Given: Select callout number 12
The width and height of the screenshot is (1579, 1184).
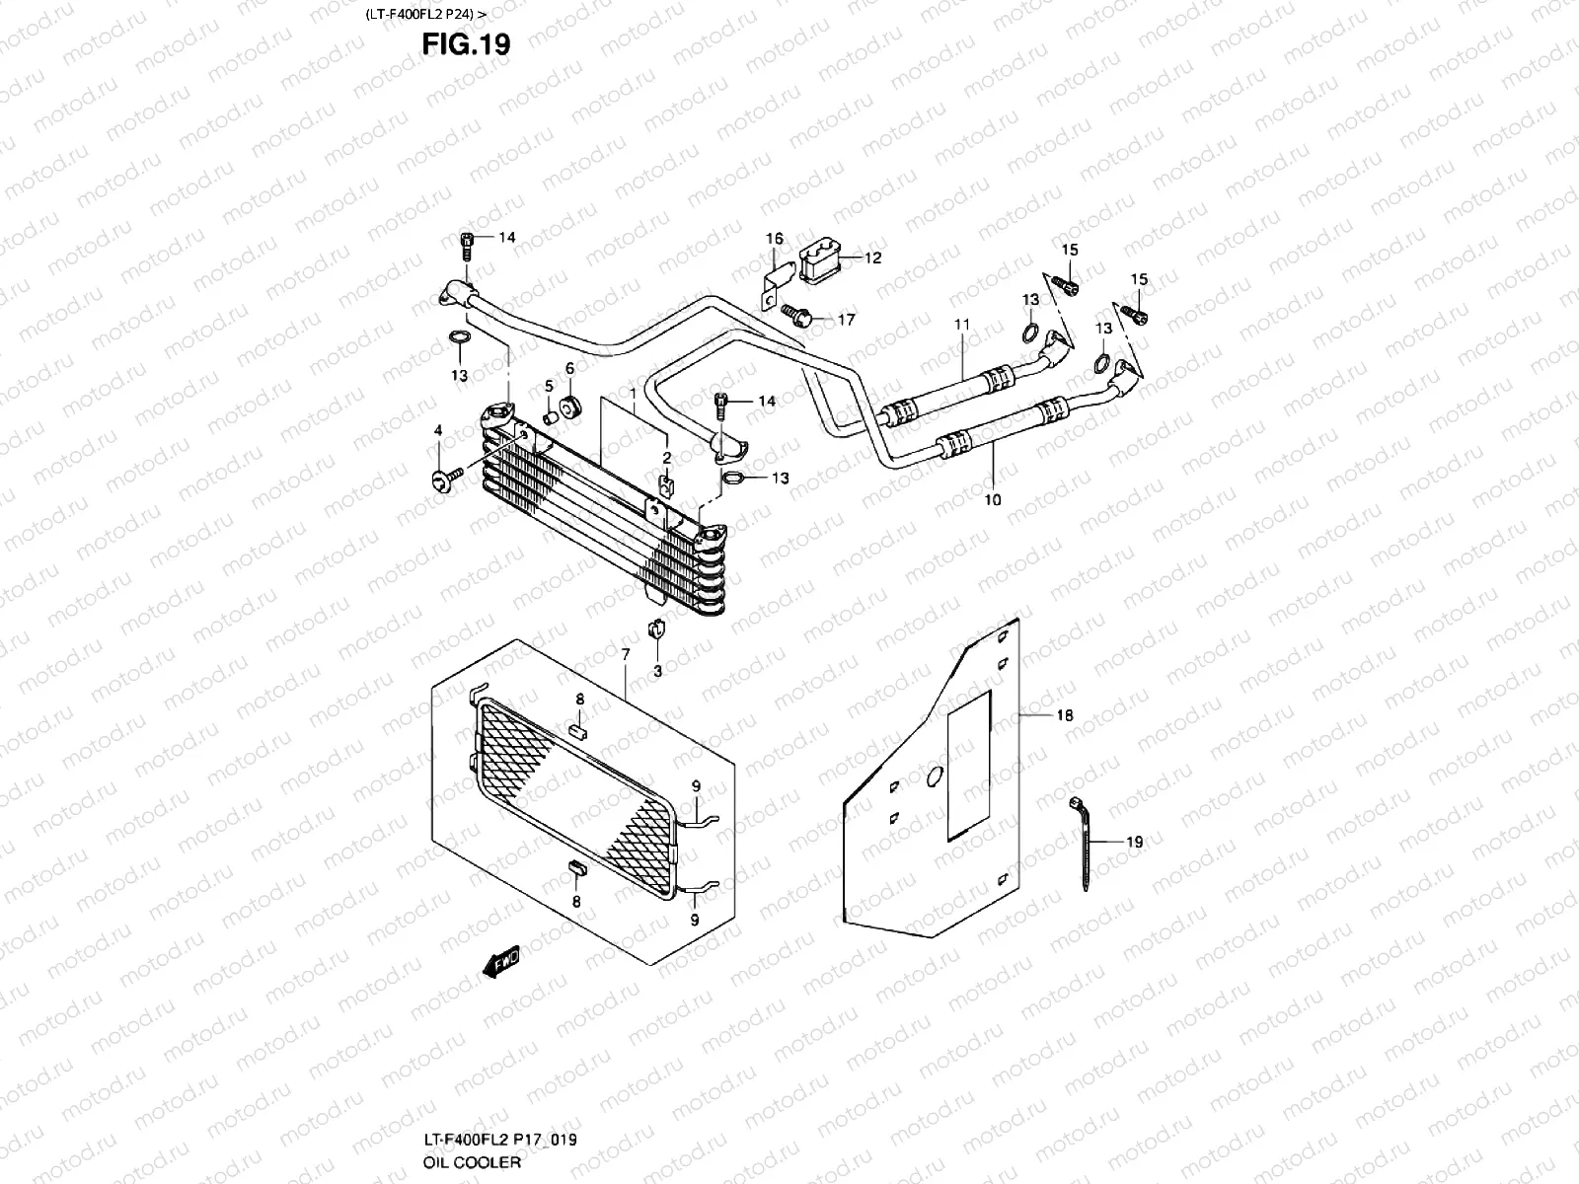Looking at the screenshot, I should pyautogui.click(x=872, y=259).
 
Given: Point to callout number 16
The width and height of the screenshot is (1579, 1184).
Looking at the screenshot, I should pyautogui.click(x=775, y=239).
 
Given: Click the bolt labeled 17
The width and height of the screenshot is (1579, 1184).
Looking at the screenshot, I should pyautogui.click(x=797, y=316).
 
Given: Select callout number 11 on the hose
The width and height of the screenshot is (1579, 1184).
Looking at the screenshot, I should pyautogui.click(x=962, y=324).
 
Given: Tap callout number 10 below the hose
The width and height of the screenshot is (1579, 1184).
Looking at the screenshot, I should pyautogui.click(x=992, y=500).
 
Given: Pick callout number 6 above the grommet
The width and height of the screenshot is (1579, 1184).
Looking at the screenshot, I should pyautogui.click(x=569, y=368).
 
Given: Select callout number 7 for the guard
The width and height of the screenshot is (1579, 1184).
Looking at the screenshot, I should pyautogui.click(x=625, y=655).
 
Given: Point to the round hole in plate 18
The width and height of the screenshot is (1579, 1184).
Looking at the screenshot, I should pyautogui.click(x=934, y=777).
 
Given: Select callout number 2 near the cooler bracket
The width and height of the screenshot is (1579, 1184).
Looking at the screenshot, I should pyautogui.click(x=666, y=458).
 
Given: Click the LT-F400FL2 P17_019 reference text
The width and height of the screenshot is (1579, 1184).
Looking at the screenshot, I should pyautogui.click(x=500, y=1140).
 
